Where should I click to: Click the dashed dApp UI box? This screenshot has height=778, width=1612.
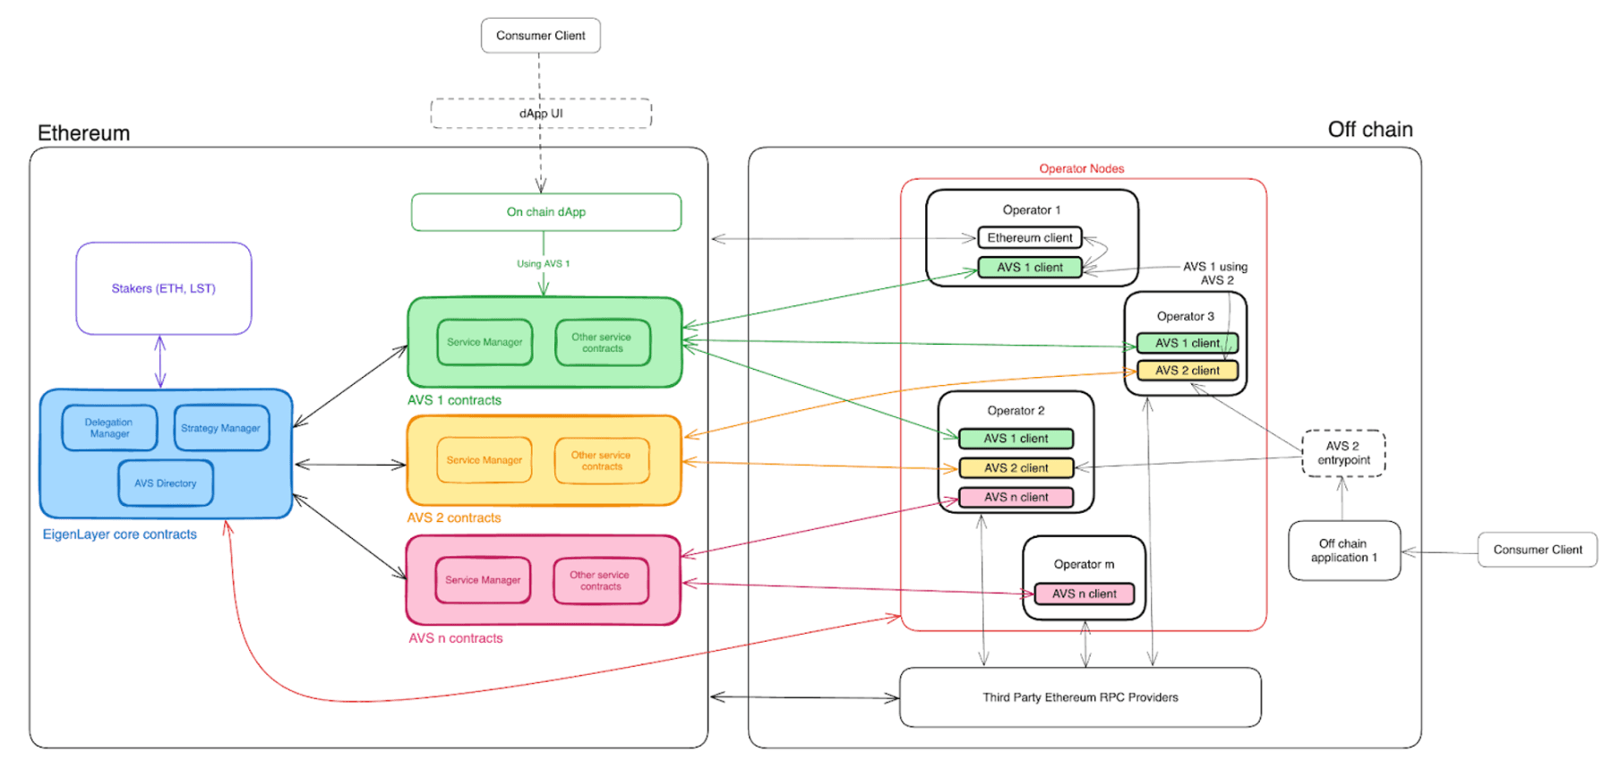(541, 114)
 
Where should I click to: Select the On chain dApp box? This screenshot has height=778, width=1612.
(545, 212)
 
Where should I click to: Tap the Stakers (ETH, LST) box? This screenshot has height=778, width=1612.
(163, 288)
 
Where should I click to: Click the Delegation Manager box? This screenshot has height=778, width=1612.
(109, 428)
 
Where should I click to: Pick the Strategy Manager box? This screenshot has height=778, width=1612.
(220, 428)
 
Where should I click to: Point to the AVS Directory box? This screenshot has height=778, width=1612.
(165, 483)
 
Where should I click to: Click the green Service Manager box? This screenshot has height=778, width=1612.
(484, 342)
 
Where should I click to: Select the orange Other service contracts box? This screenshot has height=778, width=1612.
(601, 461)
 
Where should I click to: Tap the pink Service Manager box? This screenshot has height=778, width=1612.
(483, 580)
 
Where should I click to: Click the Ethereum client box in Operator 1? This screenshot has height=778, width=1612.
(1029, 238)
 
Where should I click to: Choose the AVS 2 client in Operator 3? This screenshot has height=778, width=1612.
(1187, 371)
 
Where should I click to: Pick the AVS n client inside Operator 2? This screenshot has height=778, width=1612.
(1016, 498)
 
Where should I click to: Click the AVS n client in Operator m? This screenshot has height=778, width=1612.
(1084, 594)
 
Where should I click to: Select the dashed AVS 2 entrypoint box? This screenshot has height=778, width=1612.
(1342, 453)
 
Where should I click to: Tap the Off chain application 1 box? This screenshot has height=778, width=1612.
(1343, 551)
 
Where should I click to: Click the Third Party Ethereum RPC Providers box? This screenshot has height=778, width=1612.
(1080, 697)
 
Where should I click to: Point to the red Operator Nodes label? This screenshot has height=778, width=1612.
(1081, 168)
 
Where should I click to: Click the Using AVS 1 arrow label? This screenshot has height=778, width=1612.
(543, 264)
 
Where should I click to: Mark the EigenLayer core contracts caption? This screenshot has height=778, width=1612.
(119, 534)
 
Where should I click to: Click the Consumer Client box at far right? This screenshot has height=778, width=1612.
(1537, 550)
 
